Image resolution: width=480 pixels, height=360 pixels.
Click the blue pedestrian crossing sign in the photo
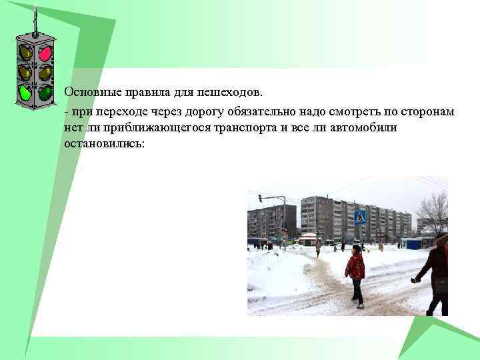360,216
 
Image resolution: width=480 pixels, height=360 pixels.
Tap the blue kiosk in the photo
412,243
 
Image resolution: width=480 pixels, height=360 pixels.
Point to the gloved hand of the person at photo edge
415,280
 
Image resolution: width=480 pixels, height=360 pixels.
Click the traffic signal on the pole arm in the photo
260,197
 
